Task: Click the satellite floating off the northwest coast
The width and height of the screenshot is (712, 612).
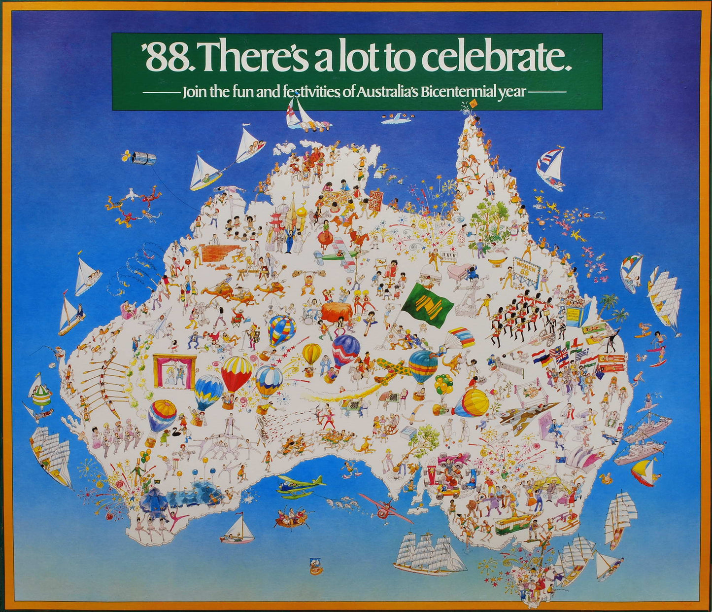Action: coord(142,158)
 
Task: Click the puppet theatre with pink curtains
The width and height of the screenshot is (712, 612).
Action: coord(174,371)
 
